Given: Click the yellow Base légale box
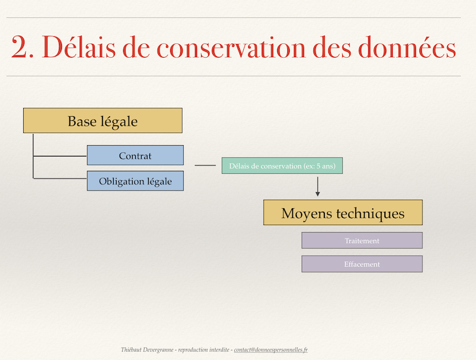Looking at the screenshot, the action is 103,121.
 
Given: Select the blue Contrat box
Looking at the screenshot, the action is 136,155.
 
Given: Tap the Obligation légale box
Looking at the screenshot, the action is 136,181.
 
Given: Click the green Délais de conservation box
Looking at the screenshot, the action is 282,166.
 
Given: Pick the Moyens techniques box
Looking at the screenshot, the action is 343,212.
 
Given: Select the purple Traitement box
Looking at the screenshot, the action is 362,240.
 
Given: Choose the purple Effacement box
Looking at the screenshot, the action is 362,264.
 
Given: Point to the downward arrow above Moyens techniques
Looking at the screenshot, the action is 318,187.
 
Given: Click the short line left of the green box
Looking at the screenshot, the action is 205,165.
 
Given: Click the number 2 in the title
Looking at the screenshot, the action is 19,46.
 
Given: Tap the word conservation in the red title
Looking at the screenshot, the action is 231,47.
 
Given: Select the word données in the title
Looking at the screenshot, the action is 407,47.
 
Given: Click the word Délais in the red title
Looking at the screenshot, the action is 79,46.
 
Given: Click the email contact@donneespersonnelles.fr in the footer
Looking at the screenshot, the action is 271,350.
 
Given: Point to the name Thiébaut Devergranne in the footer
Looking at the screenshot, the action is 147,350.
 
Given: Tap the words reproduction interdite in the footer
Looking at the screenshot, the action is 203,350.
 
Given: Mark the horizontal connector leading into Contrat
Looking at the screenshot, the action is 60,156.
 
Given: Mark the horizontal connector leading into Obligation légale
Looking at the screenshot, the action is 60,179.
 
